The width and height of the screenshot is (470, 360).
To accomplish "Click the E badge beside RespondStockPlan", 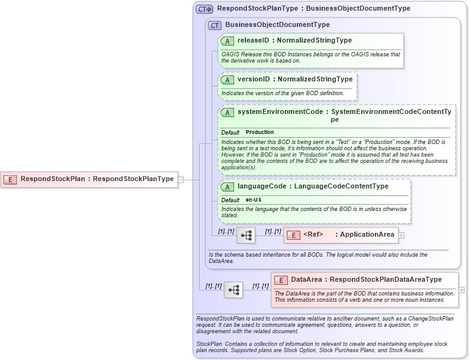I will [x=10, y=179].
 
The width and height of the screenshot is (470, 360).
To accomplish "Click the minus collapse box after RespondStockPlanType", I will [x=180, y=179].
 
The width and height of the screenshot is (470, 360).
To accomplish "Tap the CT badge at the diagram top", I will [x=205, y=9].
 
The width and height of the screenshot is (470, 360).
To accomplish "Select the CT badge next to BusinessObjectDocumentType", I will [x=215, y=25].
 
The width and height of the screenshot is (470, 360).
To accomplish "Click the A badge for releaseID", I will [x=228, y=41].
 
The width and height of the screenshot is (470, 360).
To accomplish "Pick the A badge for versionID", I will [x=228, y=80].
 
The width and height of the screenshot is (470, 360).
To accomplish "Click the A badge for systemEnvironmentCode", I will [x=228, y=112].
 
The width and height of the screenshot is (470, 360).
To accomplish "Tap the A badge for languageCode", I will [x=228, y=187].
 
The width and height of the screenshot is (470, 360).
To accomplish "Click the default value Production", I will [x=260, y=133].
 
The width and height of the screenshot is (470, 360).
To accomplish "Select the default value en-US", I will [x=253, y=200].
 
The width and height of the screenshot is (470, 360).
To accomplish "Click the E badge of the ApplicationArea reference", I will [x=294, y=235].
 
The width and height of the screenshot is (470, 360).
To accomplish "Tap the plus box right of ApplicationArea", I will [x=402, y=235].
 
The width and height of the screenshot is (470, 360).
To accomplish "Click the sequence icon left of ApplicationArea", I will [x=246, y=235].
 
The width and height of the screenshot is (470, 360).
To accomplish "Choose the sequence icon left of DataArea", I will [x=233, y=290].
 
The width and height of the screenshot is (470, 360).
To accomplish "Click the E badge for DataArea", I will [x=281, y=280].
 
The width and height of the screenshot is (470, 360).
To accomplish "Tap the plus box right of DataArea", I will [x=461, y=290].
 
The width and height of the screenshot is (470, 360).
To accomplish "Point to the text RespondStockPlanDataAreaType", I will [x=386, y=280].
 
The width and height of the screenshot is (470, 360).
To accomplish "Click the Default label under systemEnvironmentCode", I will [x=230, y=133].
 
